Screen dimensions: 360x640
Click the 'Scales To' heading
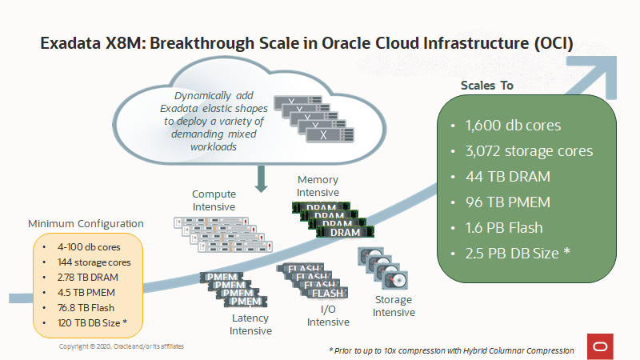[x=487, y=86]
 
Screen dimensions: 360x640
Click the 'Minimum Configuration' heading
[x=86, y=223]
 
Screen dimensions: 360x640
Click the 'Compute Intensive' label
[x=214, y=201]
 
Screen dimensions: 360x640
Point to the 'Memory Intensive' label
[x=318, y=186]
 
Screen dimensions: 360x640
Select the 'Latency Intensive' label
[x=250, y=324]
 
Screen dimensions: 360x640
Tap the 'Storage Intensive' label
[x=394, y=306]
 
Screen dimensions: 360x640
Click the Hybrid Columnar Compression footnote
[x=451, y=350]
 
